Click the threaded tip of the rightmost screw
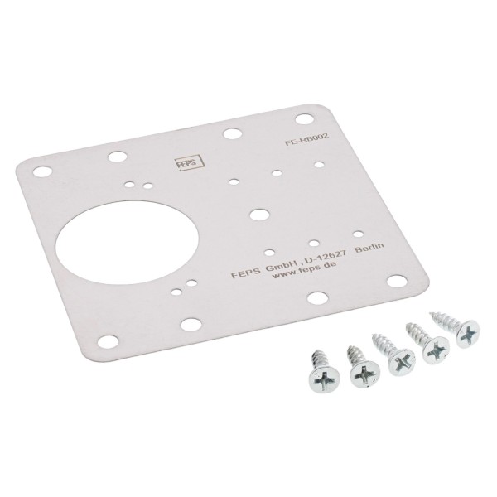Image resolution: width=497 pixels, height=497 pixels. click(433, 314)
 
